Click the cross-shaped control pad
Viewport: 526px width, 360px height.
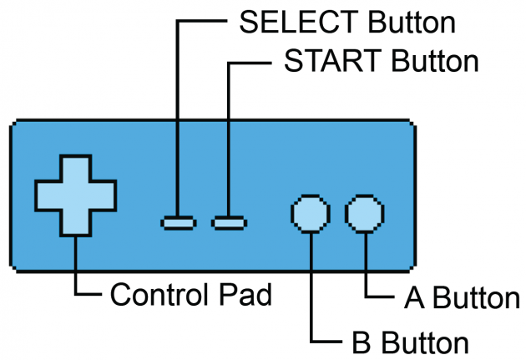[75, 195]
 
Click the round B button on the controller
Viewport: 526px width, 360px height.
[309, 213]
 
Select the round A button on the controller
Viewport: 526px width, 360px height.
[365, 213]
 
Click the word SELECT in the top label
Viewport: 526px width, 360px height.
[292, 23]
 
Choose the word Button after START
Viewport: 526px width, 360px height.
[434, 62]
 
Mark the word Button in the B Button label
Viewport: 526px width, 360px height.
[417, 342]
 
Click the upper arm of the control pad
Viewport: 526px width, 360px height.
[75, 167]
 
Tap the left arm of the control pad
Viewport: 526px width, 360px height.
[48, 195]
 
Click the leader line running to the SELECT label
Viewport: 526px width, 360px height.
[178, 117]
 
